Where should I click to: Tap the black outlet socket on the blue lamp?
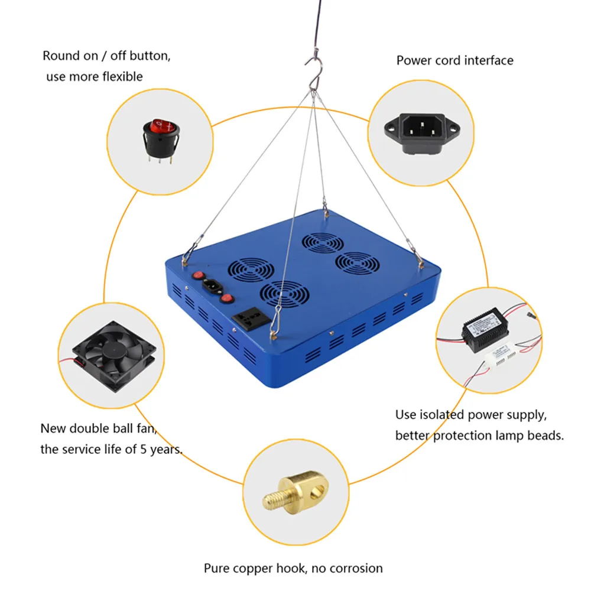249,320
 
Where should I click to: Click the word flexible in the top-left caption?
121,76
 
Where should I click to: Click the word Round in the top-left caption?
60,56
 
